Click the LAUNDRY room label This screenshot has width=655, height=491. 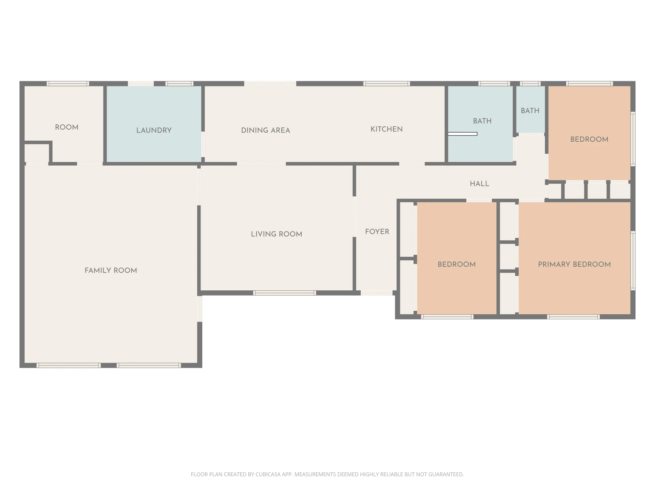click(154, 130)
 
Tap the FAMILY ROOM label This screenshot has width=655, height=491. click(111, 270)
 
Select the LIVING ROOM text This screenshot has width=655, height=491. click(276, 234)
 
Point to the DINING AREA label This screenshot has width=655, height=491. click(266, 130)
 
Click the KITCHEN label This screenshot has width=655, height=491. click(386, 129)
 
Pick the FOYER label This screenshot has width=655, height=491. click(377, 232)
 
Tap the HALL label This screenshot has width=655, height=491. click(479, 184)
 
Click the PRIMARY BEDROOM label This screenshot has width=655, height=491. click(574, 264)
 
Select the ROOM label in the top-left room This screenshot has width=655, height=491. click(67, 127)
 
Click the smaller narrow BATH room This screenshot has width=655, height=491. click(531, 110)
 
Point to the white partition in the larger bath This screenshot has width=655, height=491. click(462, 134)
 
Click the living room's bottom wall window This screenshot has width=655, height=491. click(285, 293)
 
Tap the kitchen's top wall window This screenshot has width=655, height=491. click(386, 83)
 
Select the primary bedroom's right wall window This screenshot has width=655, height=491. click(633, 261)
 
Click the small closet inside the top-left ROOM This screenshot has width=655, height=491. click(37, 153)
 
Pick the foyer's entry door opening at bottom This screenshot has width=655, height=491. click(377, 293)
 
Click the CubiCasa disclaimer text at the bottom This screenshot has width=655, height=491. click(327, 474)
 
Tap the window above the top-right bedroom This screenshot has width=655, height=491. click(589, 83)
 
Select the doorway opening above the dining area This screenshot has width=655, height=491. click(270, 83)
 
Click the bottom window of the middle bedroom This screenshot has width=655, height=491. click(447, 317)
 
